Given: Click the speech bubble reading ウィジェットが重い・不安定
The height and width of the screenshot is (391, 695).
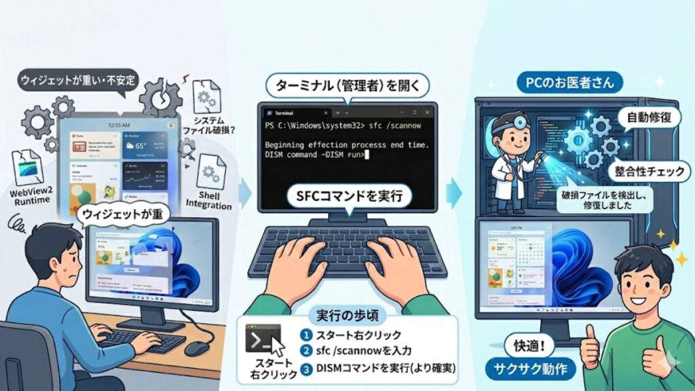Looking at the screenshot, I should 77,80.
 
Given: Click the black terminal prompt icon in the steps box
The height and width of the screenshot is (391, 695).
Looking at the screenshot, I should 263,337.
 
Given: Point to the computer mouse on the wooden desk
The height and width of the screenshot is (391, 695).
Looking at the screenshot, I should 197,348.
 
